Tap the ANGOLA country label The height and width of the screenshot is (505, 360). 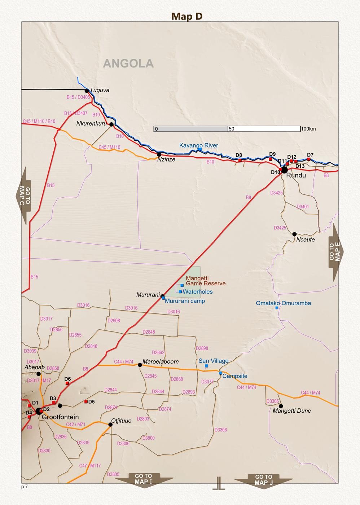pos(128,63)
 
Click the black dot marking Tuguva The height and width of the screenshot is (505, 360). pos(87,91)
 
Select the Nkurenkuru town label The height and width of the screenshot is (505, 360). pos(92,123)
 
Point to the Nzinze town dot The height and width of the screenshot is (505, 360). pos(159,154)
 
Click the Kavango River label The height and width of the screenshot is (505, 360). pos(199,145)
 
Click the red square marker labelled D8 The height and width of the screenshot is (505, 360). pos(240,160)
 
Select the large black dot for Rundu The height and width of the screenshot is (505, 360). pos(284,170)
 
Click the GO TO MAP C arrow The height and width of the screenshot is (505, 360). pos(23,196)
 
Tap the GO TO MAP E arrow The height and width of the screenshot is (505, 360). pos(336,252)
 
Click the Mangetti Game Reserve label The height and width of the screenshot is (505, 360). pos(206,281)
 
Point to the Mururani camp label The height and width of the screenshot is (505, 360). pos(185,301)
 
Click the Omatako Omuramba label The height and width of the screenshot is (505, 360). pos(283,303)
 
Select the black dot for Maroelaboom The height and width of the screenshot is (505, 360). pos(140,365)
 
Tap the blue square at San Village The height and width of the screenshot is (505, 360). pos(207,366)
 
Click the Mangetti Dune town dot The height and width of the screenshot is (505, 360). pos(281,406)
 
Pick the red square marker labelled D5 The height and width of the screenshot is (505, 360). pos(86,401)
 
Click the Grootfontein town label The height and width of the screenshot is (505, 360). pos(60,417)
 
